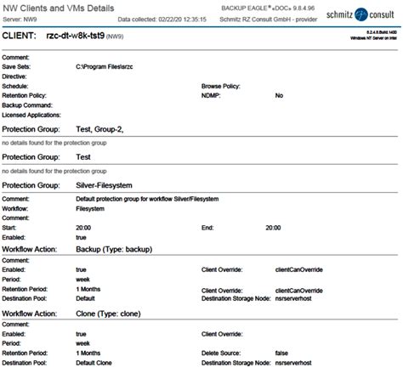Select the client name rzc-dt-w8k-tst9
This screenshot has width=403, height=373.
[103, 37]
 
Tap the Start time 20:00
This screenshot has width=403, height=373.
[83, 228]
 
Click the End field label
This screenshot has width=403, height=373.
[207, 228]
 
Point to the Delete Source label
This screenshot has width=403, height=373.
[224, 352]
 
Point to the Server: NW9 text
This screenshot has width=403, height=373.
[24, 17]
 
